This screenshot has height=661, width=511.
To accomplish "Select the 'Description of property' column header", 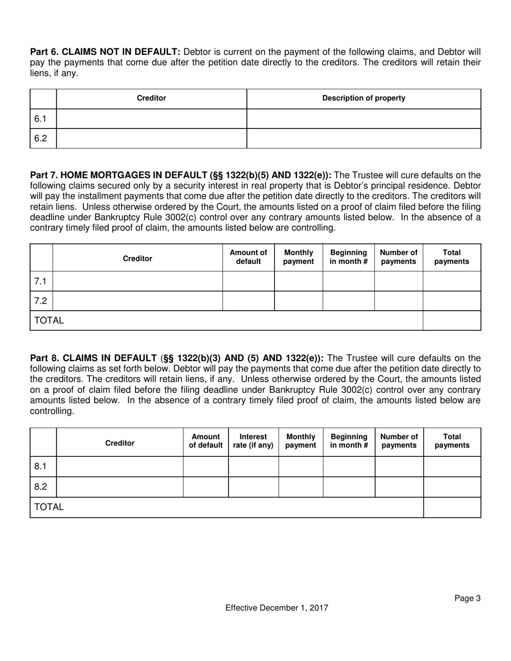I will tap(364, 98).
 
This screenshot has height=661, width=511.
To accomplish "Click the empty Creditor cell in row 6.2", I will tap(151, 138).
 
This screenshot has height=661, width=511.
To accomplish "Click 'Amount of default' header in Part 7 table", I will tap(248, 257).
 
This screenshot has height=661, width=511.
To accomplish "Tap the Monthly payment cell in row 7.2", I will tap(298, 301).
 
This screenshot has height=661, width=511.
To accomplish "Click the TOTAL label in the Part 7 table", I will tap(49, 320).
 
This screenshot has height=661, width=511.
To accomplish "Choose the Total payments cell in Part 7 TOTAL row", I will tap(451, 320).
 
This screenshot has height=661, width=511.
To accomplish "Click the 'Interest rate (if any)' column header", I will tap(253, 441).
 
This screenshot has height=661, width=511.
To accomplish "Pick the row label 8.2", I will tap(41, 487).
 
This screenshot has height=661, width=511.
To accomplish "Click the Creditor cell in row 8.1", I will tap(119, 466).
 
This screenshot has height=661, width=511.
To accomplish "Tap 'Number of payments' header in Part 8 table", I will tap(399, 441).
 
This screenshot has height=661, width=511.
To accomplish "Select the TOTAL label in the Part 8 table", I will tap(49, 507).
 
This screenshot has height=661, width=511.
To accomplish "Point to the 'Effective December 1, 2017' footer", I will tap(276, 608).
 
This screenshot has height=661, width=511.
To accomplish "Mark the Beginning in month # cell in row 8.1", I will tap(349, 466).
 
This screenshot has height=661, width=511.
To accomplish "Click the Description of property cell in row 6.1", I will tap(364, 119).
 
